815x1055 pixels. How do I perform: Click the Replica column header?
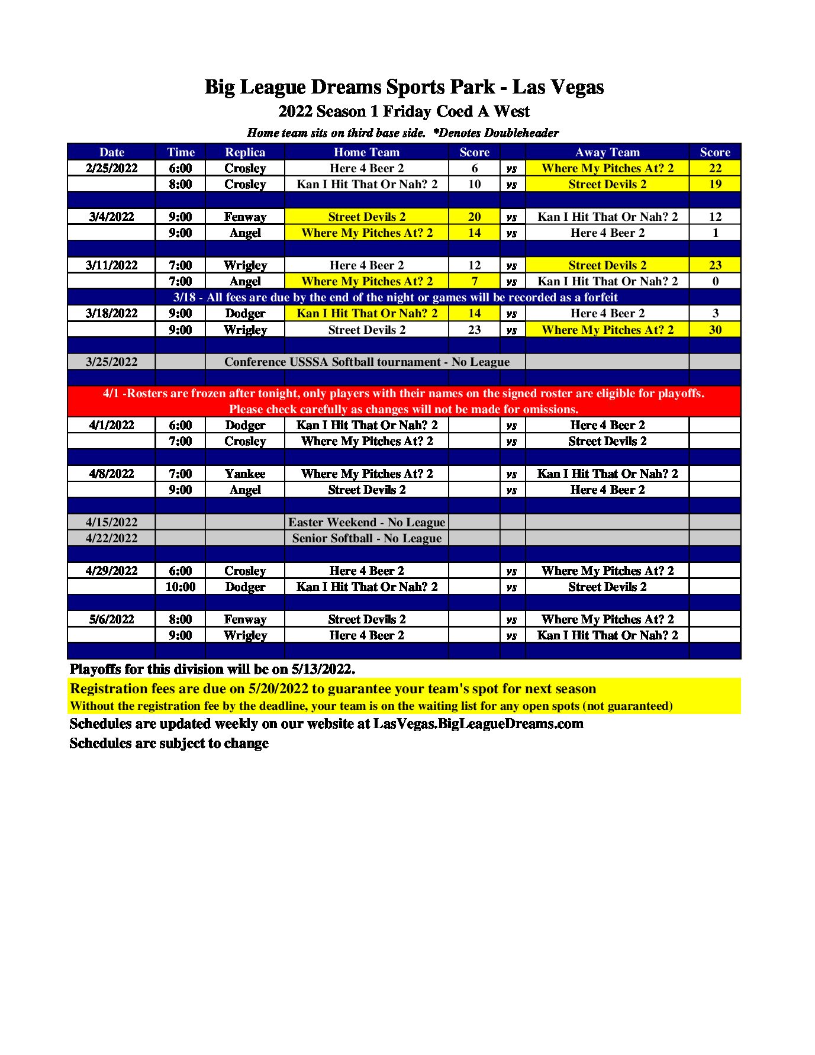tap(245, 152)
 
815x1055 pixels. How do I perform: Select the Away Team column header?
tap(607, 152)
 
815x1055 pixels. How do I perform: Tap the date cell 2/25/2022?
tap(111, 168)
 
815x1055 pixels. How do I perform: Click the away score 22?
tap(715, 168)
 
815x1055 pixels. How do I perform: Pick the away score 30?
tap(715, 330)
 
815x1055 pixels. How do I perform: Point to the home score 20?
tap(474, 217)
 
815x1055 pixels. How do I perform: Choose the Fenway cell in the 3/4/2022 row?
tap(245, 217)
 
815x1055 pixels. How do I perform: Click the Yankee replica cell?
tap(245, 474)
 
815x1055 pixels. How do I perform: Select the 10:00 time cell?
tap(180, 587)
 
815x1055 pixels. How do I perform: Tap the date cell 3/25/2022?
tap(111, 362)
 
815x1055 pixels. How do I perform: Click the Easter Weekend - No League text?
tap(366, 522)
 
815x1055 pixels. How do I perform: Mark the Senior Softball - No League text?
tap(366, 538)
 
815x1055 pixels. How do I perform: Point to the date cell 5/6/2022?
tap(111, 619)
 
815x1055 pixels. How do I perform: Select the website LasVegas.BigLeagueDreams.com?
tap(478, 724)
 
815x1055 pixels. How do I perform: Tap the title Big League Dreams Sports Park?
tap(349, 87)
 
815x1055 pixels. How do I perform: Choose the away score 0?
tap(715, 281)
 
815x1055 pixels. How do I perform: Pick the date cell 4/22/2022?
tap(111, 538)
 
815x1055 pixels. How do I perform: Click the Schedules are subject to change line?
tap(169, 744)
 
